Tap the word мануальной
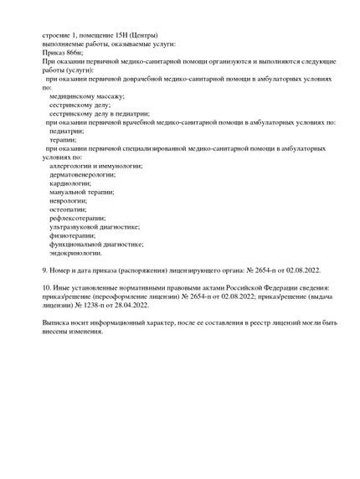click(x=69, y=192)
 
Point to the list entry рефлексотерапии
click(x=77, y=218)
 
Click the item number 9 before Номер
click(x=45, y=270)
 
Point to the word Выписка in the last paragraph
click(x=57, y=322)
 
